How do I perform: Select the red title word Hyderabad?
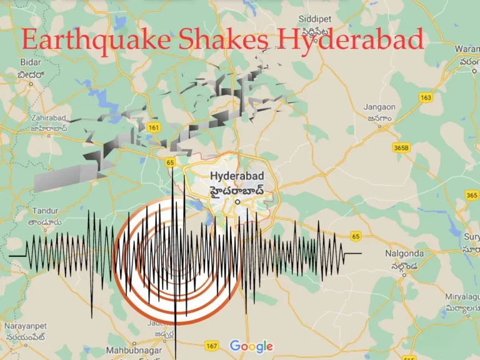351,40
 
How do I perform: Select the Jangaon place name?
379,107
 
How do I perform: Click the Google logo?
251,346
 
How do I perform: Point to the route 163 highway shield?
426,97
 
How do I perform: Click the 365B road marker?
401,147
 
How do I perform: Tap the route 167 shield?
211,345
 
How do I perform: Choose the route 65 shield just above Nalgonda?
356,236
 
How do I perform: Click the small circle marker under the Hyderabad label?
237,202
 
